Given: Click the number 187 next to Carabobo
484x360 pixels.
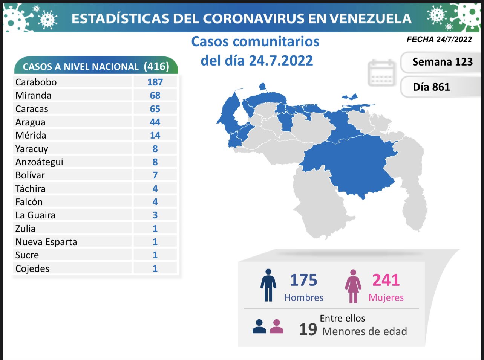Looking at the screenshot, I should pyautogui.click(x=155, y=82).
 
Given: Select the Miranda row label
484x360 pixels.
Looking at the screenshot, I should pyautogui.click(x=34, y=96).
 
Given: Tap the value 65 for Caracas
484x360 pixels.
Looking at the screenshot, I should pyautogui.click(x=155, y=109).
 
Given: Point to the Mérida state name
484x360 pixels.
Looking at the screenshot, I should pyautogui.click(x=31, y=135).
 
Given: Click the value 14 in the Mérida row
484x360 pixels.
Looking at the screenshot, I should pyautogui.click(x=155, y=135).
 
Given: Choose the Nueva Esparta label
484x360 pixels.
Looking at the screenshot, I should pyautogui.click(x=46, y=242).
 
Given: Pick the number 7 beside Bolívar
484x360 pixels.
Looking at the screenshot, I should pyautogui.click(x=155, y=175).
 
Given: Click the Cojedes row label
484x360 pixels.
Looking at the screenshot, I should pyautogui.click(x=32, y=268).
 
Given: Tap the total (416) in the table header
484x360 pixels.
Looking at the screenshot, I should pyautogui.click(x=156, y=66).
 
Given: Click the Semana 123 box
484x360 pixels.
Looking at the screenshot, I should pyautogui.click(x=442, y=62).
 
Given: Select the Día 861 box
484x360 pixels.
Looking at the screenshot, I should pyautogui.click(x=432, y=87).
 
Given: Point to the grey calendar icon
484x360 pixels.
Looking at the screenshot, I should pyautogui.click(x=381, y=73).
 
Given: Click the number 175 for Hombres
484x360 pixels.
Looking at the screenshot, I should pyautogui.click(x=303, y=280).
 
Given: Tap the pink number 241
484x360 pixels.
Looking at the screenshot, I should pyautogui.click(x=386, y=280).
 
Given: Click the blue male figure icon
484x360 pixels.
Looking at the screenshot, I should pyautogui.click(x=268, y=285).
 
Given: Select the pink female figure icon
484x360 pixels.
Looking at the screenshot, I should pyautogui.click(x=353, y=286).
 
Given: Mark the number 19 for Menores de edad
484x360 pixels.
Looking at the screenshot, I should pyautogui.click(x=308, y=329).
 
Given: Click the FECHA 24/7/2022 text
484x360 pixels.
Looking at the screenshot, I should pyautogui.click(x=439, y=40).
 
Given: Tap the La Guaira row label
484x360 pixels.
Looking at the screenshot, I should pyautogui.click(x=35, y=215).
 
